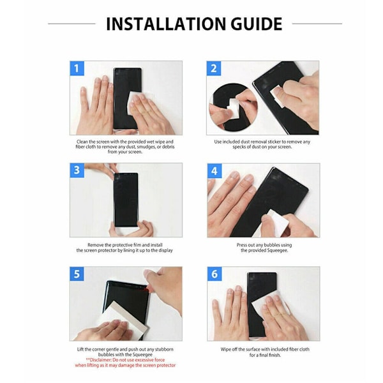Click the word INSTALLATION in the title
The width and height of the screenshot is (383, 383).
pyautogui.click(x=166, y=24)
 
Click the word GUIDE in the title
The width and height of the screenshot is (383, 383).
pyautogui.click(x=257, y=24)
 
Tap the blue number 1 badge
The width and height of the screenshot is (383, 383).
pyautogui.click(x=77, y=68)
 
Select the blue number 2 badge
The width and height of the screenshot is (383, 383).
pyautogui.click(x=214, y=68)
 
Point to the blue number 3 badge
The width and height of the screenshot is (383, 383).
pyautogui.click(x=77, y=170)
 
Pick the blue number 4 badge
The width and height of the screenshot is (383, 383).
pyautogui.click(x=214, y=170)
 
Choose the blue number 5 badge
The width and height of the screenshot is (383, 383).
pyautogui.click(x=77, y=274)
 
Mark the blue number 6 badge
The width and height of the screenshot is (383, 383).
pyautogui.click(x=214, y=274)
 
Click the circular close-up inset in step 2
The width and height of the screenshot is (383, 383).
pyautogui.click(x=233, y=107)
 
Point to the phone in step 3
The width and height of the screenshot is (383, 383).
pyautogui.click(x=126, y=200)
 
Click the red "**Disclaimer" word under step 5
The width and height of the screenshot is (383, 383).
pyautogui.click(x=98, y=360)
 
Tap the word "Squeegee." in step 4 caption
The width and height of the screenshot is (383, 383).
pyautogui.click(x=277, y=250)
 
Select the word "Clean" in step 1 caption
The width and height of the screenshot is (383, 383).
pyautogui.click(x=82, y=142)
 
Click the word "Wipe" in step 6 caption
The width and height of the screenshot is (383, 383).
pyautogui.click(x=226, y=350)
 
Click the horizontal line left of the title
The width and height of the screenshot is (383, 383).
pyautogui.click(x=71, y=24)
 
